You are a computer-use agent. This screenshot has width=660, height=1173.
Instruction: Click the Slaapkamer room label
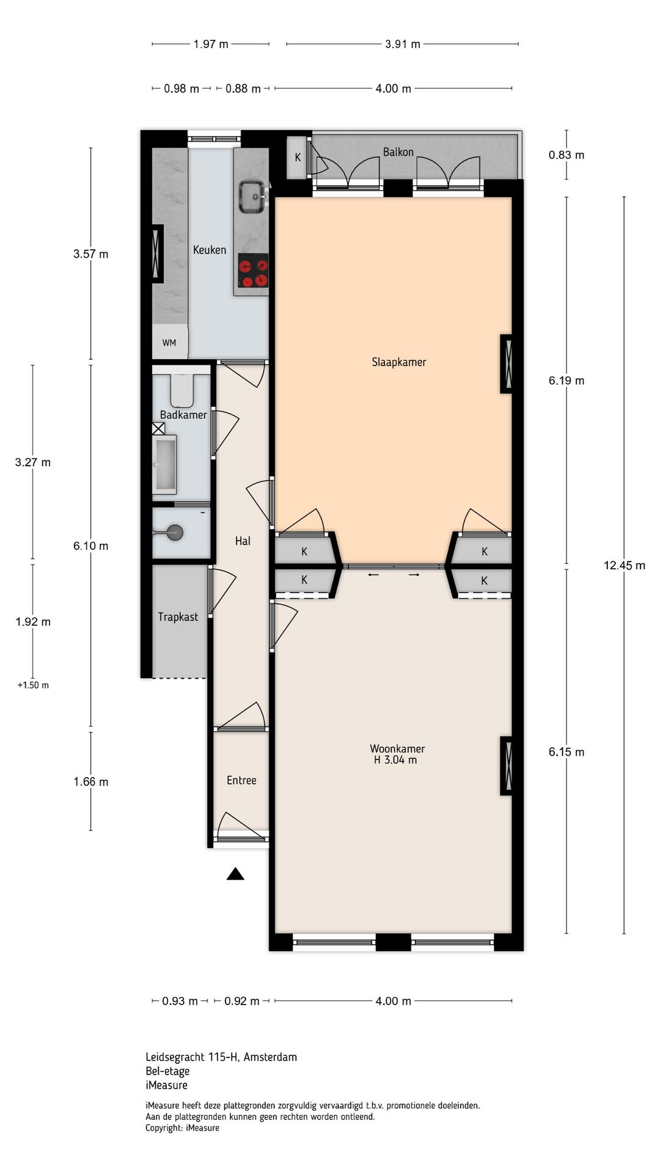point(398,362)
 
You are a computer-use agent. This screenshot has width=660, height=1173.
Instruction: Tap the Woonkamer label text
point(397,748)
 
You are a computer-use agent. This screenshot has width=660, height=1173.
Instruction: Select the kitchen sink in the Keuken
point(252,196)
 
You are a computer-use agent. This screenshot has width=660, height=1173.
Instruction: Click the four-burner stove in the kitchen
point(253,271)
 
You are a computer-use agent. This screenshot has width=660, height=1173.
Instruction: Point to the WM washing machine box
point(169,343)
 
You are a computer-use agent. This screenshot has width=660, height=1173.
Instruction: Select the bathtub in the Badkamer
point(165,464)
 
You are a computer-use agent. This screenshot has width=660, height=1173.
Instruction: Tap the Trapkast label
point(178,617)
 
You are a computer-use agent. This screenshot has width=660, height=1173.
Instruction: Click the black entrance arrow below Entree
point(235,874)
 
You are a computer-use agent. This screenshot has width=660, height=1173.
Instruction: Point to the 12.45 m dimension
point(624,565)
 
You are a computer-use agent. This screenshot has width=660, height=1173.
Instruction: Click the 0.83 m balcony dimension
point(566,155)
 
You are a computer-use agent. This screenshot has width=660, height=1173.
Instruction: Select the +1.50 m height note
point(33,685)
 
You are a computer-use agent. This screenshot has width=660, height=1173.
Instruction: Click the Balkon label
point(398,152)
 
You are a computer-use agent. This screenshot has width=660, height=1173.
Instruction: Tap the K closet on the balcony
point(298,158)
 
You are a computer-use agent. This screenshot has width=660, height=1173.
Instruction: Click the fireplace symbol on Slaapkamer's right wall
point(506,364)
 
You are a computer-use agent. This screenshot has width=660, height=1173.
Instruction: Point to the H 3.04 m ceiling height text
point(395,760)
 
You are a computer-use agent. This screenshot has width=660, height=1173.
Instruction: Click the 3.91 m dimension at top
point(402,44)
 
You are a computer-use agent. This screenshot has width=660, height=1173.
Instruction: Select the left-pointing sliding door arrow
point(373,574)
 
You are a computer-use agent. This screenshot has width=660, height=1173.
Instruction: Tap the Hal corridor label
point(243,541)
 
